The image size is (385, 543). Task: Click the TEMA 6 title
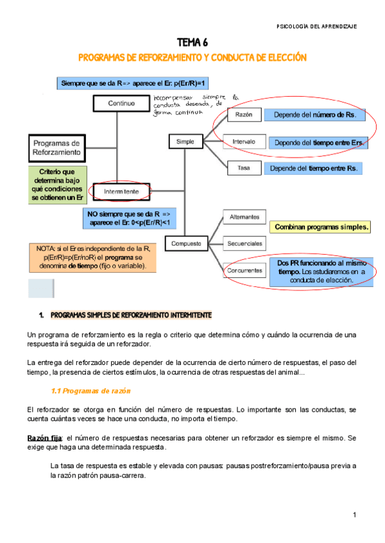(x=193, y=44)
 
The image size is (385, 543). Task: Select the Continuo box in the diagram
(x=121, y=102)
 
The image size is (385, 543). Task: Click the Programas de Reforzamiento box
(x=56, y=149)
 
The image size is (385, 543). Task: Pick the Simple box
(x=185, y=141)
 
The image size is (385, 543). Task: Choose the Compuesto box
(x=186, y=244)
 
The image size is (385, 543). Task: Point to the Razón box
(x=244, y=116)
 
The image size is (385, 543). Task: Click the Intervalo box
(x=244, y=142)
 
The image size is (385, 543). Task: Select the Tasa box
(x=244, y=168)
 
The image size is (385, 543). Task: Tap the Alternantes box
(x=244, y=217)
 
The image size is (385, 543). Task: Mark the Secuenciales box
(x=244, y=244)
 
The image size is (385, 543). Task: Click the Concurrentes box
(x=244, y=271)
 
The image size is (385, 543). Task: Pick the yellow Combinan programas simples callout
(x=321, y=227)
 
